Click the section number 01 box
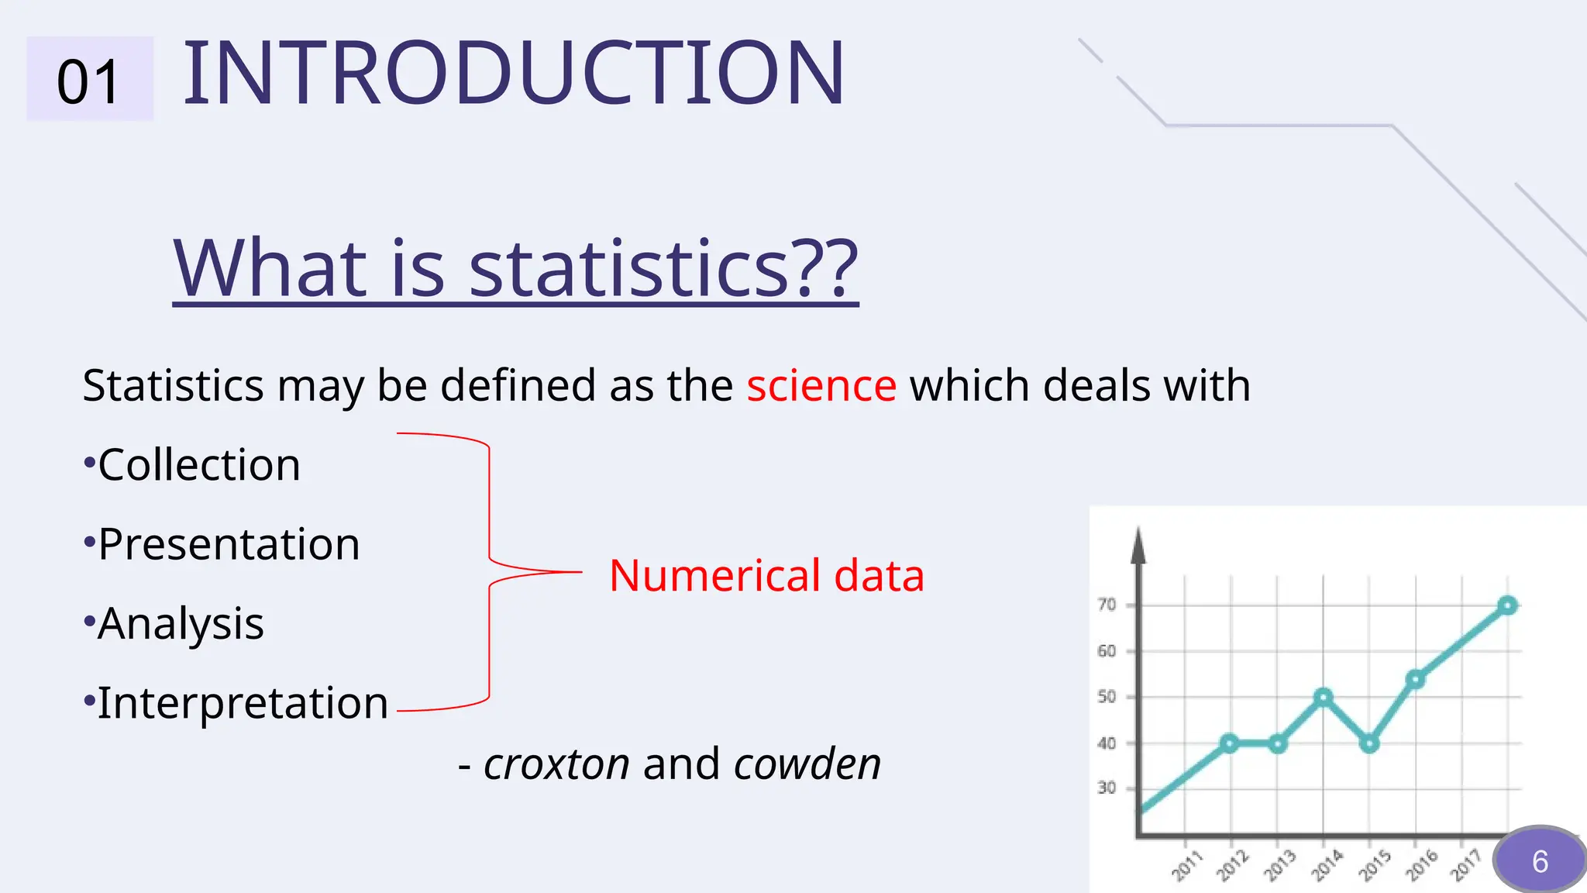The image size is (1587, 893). [x=89, y=80]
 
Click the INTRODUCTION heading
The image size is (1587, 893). [x=513, y=74]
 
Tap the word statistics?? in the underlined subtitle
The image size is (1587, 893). [x=663, y=269]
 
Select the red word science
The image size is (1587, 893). [x=821, y=385]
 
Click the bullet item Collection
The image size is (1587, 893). [x=198, y=465]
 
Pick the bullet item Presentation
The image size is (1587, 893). [x=228, y=544]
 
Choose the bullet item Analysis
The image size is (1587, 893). [x=180, y=623]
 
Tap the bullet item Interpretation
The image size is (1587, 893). [x=242, y=703]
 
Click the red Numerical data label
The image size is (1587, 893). [x=766, y=576]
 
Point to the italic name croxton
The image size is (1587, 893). [x=556, y=764]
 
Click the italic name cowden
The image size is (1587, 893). [x=807, y=764]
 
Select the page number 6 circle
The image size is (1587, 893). [x=1539, y=860]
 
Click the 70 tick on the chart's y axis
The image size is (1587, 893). [x=1107, y=605]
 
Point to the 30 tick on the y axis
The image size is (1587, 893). [x=1107, y=788]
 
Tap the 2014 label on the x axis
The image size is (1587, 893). [x=1327, y=865]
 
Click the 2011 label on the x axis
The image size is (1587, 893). [x=1186, y=865]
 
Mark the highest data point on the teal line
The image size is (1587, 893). [x=1507, y=605]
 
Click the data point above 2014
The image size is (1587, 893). [x=1324, y=698]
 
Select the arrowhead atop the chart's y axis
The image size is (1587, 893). [x=1138, y=544]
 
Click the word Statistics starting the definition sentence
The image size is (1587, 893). [x=173, y=385]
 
